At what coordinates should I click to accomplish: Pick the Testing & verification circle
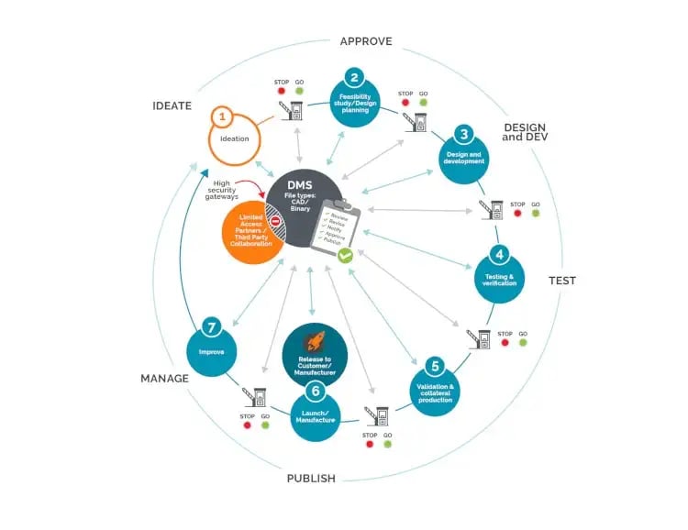tap(499, 276)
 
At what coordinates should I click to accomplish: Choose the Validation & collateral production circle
tap(436, 385)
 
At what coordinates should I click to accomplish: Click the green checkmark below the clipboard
tap(345, 256)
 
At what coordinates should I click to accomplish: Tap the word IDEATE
tap(172, 105)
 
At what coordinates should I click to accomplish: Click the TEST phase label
tap(561, 281)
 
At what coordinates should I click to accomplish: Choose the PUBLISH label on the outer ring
tap(311, 478)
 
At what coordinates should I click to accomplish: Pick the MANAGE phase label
tap(164, 378)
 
